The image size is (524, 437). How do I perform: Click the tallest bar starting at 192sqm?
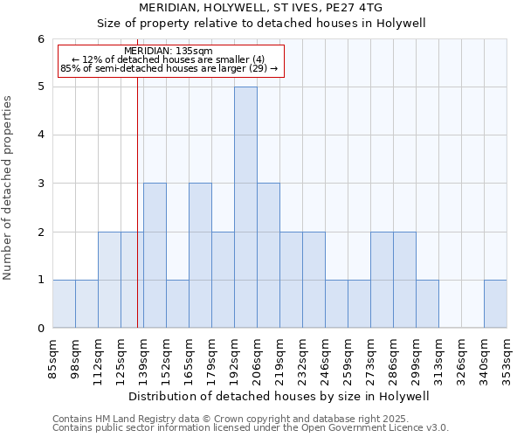click(245, 207)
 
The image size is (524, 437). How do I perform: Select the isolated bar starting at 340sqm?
click(495, 304)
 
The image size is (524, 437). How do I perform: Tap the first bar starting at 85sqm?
click(64, 304)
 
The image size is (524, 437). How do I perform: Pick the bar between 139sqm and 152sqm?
click(155, 255)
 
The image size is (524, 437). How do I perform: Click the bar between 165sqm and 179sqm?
click(200, 255)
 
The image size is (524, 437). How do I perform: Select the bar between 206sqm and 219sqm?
click(268, 255)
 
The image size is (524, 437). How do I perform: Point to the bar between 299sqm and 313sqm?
click(427, 304)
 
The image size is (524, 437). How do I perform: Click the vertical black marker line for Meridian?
click(137, 201)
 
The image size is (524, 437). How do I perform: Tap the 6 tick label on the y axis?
click(40, 39)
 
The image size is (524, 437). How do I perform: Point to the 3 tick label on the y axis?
click(40, 184)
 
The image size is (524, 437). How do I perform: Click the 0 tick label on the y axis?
click(40, 329)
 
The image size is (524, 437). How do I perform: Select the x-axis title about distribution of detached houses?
click(285, 396)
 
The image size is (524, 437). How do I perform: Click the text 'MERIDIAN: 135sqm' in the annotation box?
click(169, 52)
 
